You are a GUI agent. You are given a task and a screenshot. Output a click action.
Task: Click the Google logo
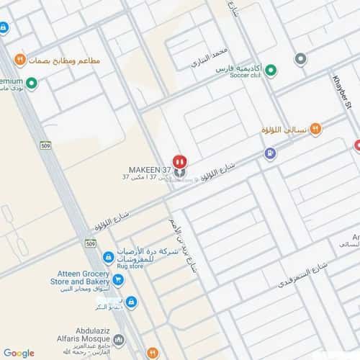point(19,353)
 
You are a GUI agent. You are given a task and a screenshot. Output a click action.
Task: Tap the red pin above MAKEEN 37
point(179,161)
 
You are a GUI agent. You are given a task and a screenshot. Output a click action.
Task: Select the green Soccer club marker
point(271,71)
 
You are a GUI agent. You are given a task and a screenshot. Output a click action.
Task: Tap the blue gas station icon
point(269,153)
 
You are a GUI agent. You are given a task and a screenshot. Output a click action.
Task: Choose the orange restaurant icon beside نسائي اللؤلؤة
point(315,130)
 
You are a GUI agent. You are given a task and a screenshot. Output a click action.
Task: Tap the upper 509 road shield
point(45,145)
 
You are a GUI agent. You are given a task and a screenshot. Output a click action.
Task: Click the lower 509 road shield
point(90,244)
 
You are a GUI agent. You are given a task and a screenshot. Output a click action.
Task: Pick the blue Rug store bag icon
point(108,257)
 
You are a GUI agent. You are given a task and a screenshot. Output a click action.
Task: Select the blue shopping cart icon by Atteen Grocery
point(118,280)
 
